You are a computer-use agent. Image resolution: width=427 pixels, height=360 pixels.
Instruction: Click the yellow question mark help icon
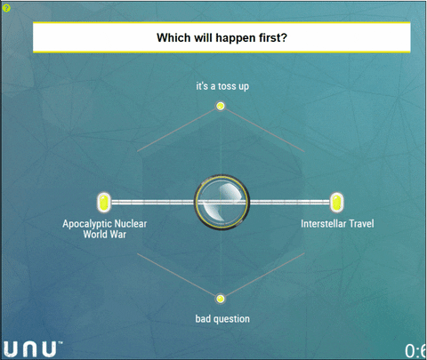click(6, 8)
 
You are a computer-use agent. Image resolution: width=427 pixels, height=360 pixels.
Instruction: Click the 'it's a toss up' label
click(222, 86)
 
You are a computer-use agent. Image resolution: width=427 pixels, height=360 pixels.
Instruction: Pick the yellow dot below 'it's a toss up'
click(221, 106)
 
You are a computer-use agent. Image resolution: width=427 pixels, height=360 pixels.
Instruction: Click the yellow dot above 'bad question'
click(220, 299)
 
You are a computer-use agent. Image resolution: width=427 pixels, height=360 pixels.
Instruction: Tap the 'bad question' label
click(222, 319)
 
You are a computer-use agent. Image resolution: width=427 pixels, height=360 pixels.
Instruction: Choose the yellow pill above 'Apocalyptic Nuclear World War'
click(104, 203)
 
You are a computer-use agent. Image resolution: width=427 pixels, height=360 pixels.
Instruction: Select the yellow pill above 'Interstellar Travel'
click(336, 203)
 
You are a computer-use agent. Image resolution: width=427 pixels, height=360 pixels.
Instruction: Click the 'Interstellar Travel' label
click(337, 223)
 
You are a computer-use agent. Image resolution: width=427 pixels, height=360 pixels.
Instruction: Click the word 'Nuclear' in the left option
click(131, 223)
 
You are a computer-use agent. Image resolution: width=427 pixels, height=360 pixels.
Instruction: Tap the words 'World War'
click(105, 235)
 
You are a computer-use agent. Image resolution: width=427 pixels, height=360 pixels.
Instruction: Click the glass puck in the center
click(222, 202)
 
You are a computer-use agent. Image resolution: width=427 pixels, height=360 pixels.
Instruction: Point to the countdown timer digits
click(415, 351)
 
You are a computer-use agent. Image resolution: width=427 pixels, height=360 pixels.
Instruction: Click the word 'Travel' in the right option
click(361, 223)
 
